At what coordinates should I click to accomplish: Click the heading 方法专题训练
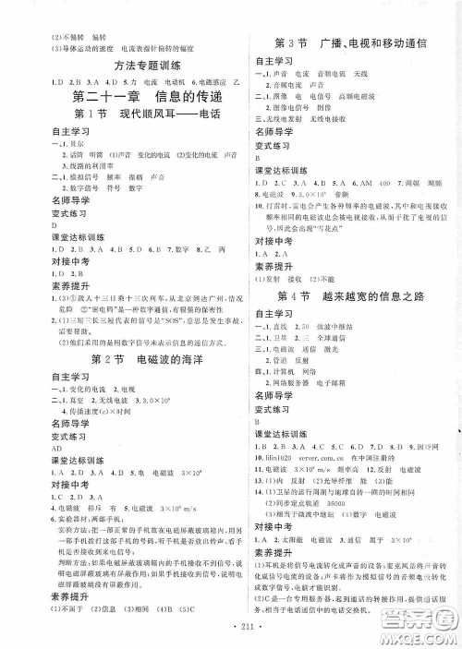point(121,66)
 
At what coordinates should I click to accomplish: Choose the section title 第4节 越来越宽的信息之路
point(346,294)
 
